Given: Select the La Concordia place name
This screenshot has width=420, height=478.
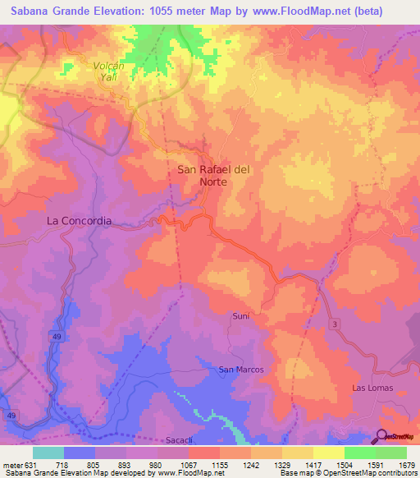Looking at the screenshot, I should coord(79,221).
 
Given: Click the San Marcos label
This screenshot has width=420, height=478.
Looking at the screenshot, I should coord(240,370).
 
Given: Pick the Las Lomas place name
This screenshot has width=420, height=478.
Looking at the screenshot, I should coord(372,387).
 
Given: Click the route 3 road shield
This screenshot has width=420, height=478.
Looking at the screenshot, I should coord(335,326).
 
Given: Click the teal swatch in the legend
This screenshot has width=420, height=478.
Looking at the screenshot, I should coord(48,453).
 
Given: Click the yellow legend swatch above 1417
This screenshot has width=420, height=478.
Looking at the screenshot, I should coord(298,453).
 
